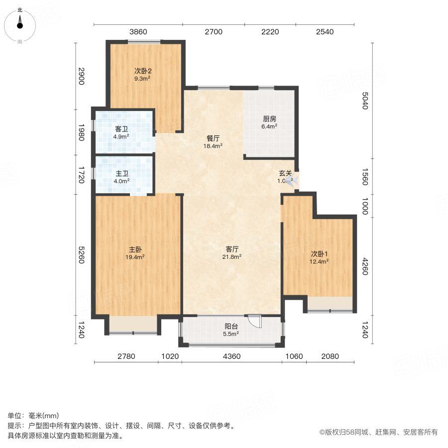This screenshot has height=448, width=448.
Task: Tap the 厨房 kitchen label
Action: tap(269, 119)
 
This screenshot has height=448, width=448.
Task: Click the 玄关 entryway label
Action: tap(285, 173)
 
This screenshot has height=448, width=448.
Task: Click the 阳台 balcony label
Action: tap(231, 326)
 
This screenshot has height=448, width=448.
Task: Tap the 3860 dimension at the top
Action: tap(138, 32)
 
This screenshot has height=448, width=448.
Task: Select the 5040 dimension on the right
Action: tap(364, 101)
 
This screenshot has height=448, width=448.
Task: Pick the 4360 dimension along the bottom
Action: tap(231, 355)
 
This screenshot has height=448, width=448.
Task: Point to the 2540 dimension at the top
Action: tap(325, 32)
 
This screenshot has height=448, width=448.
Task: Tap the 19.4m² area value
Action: tap(135, 257)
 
